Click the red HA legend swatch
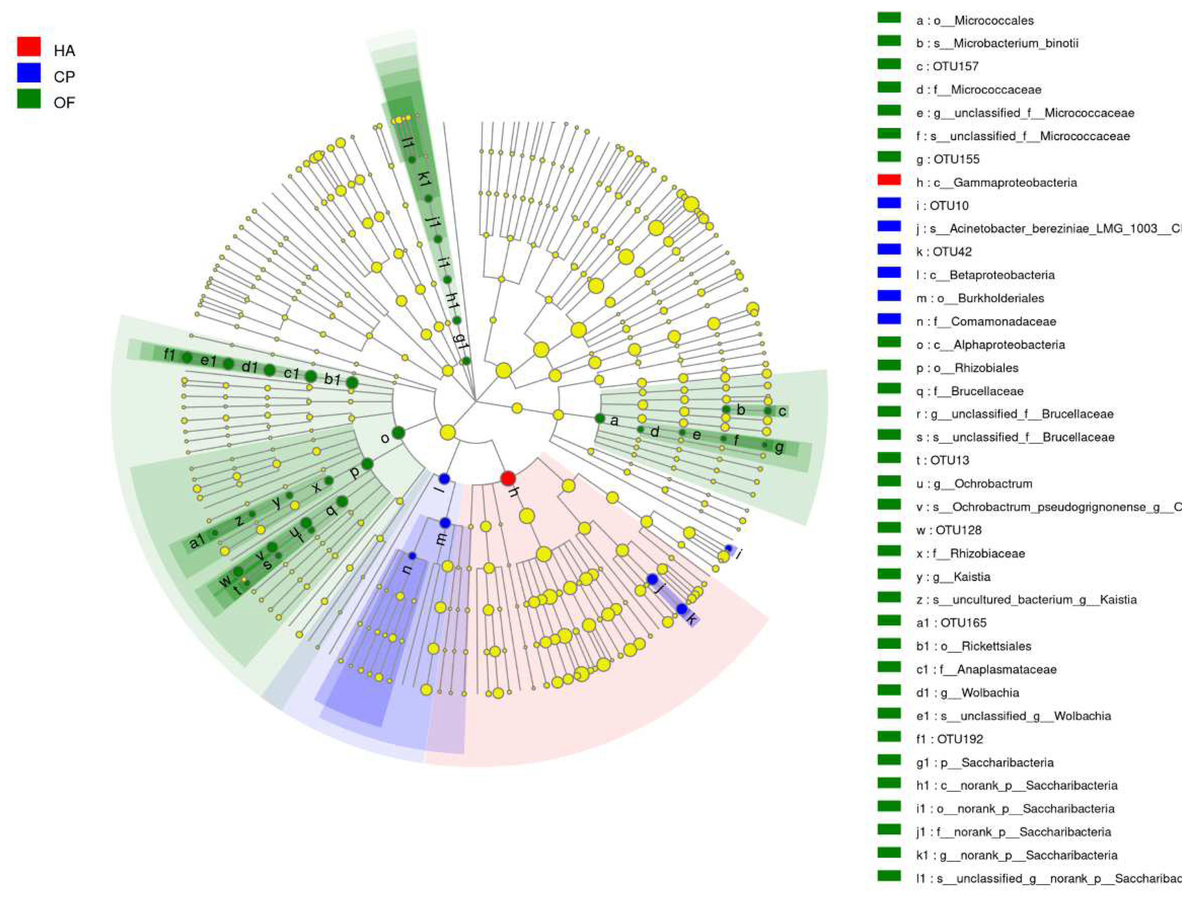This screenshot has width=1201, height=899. coord(29,47)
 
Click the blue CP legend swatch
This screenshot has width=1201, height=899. coord(29,73)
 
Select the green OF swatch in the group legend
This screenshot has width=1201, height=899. coord(29,99)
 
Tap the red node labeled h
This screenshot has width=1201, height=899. coord(508,478)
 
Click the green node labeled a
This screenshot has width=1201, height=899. coord(599,418)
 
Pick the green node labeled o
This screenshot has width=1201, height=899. coord(398,433)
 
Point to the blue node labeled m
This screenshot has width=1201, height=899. coord(445,523)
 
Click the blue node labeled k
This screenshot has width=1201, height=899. coord(682,609)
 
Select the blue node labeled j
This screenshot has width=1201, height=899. coord(652,579)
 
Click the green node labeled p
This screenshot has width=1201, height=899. coord(367,464)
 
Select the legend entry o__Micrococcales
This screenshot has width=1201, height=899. coord(975,21)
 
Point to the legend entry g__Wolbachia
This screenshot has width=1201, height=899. coord(967,693)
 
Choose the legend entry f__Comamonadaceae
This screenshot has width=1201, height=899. coord(986,321)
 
